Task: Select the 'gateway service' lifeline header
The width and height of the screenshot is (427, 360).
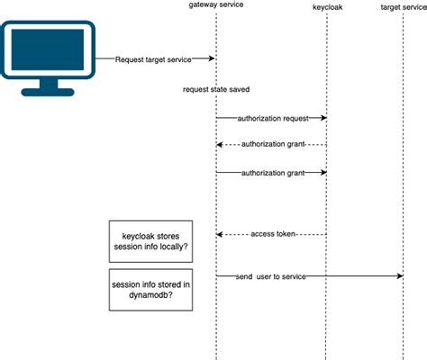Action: tap(216, 6)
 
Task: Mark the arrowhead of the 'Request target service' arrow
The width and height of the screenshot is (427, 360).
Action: tap(212, 58)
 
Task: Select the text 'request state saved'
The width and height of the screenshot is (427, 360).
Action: tap(216, 90)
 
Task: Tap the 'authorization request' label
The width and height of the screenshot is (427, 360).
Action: tap(270, 118)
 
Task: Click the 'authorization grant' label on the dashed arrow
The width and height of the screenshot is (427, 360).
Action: tap(270, 145)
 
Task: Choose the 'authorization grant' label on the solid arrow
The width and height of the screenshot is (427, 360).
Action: tap(270, 172)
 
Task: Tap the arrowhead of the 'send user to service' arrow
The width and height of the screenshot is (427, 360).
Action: tap(398, 276)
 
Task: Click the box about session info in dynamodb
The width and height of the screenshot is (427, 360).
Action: tap(150, 289)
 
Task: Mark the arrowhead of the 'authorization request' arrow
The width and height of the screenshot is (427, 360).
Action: tap(323, 118)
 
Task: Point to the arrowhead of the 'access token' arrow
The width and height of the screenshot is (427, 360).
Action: tap(220, 233)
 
